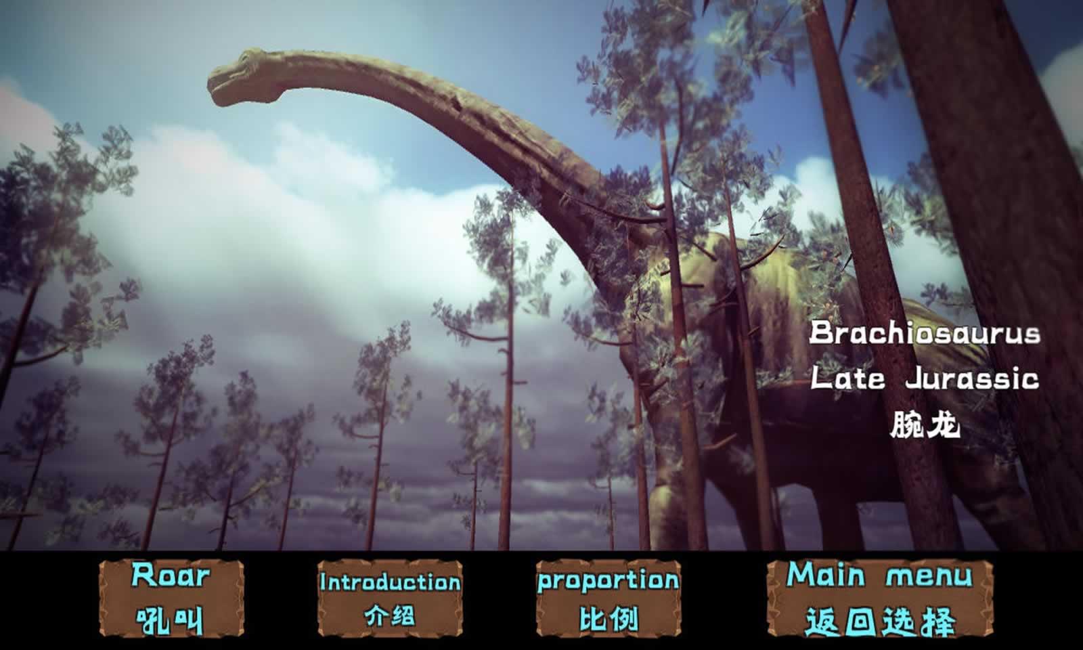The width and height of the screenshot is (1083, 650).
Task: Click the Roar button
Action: coord(171,599)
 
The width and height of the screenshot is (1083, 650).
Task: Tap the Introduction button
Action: coord(390,599)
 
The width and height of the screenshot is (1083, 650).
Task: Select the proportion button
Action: coord(609,599)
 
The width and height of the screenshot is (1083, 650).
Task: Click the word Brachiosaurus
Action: coord(925,333)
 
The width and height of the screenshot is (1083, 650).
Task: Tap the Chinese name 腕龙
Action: coord(925,425)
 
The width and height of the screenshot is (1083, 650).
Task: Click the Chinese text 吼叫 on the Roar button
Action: coord(170,620)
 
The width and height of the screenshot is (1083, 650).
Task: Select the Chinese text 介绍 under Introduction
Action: coord(390,615)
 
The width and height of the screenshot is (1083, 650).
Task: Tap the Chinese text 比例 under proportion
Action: coord(609,618)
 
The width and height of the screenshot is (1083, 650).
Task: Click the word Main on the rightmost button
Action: coord(826,575)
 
